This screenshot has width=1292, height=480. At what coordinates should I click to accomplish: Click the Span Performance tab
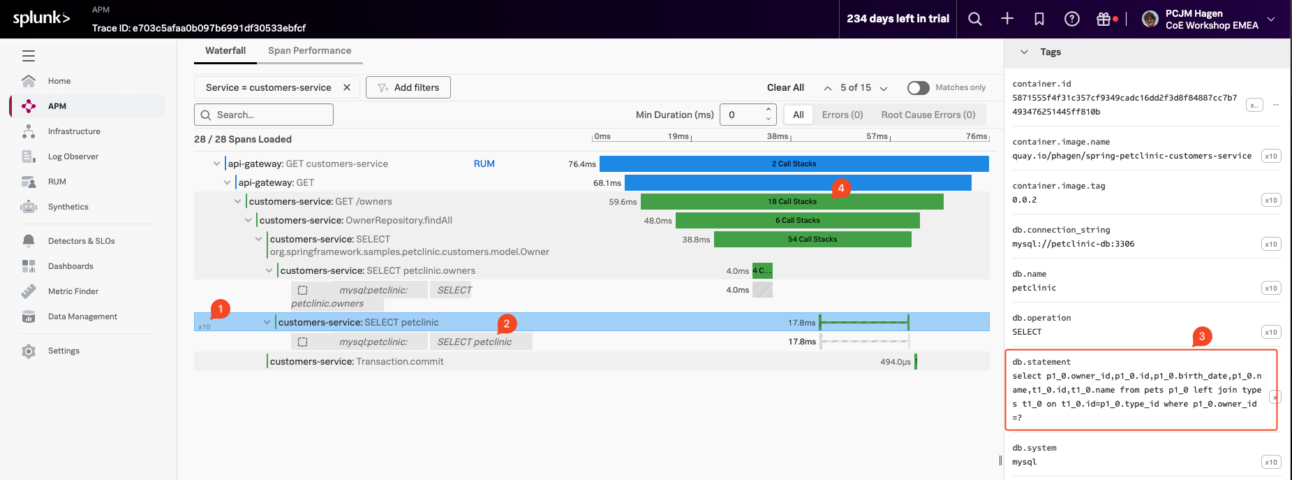[x=309, y=51]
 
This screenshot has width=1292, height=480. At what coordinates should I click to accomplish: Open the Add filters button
[x=408, y=87]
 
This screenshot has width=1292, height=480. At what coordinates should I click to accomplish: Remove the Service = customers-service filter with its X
[x=347, y=87]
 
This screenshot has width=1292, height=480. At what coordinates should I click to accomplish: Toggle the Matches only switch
[x=918, y=87]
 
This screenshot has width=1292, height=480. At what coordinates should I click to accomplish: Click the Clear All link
[x=785, y=87]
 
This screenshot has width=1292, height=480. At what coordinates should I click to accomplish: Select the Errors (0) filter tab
[x=842, y=115]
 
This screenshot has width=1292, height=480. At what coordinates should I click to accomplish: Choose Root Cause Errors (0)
[x=928, y=115]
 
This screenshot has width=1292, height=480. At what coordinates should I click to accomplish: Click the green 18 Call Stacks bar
[x=792, y=201]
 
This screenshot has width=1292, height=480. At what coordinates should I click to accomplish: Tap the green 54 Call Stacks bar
[x=812, y=239]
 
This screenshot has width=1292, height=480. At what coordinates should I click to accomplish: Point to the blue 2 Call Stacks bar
[x=794, y=163]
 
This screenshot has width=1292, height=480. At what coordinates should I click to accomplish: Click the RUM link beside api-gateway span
[x=484, y=163]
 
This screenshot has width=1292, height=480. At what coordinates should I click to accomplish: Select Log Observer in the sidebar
[x=73, y=157]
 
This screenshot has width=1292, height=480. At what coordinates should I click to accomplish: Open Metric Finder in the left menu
[x=73, y=291]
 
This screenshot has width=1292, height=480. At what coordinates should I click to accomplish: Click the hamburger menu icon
[x=29, y=56]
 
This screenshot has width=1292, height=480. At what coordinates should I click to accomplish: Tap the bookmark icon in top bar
[x=1039, y=19]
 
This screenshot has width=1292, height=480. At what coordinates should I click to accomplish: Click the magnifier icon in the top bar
[x=975, y=19]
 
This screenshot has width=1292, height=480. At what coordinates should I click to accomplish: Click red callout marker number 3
[x=1202, y=336]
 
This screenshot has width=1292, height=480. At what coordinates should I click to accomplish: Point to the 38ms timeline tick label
[x=777, y=136]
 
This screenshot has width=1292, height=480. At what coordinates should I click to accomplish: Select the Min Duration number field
[x=743, y=115]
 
